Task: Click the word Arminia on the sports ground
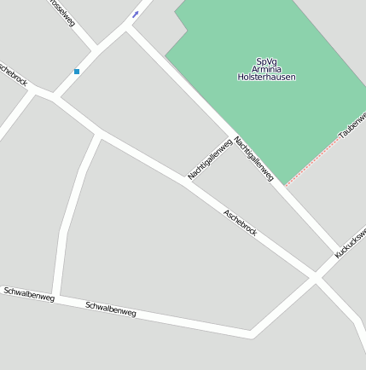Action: click(x=266, y=69)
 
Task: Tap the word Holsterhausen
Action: click(x=266, y=77)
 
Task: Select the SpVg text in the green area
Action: click(x=266, y=61)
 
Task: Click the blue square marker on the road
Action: click(x=77, y=72)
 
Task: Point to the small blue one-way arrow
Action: click(x=135, y=14)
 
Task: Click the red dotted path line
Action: click(x=314, y=160)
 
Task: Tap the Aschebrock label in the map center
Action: click(x=240, y=223)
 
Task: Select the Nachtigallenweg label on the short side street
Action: click(x=210, y=159)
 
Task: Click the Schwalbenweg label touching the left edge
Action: click(x=28, y=294)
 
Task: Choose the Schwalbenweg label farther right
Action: click(x=111, y=309)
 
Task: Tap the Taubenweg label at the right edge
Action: click(x=352, y=125)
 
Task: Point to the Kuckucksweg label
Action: click(x=350, y=241)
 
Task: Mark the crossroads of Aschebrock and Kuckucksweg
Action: click(x=315, y=278)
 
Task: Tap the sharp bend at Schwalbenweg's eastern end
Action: click(x=251, y=333)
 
